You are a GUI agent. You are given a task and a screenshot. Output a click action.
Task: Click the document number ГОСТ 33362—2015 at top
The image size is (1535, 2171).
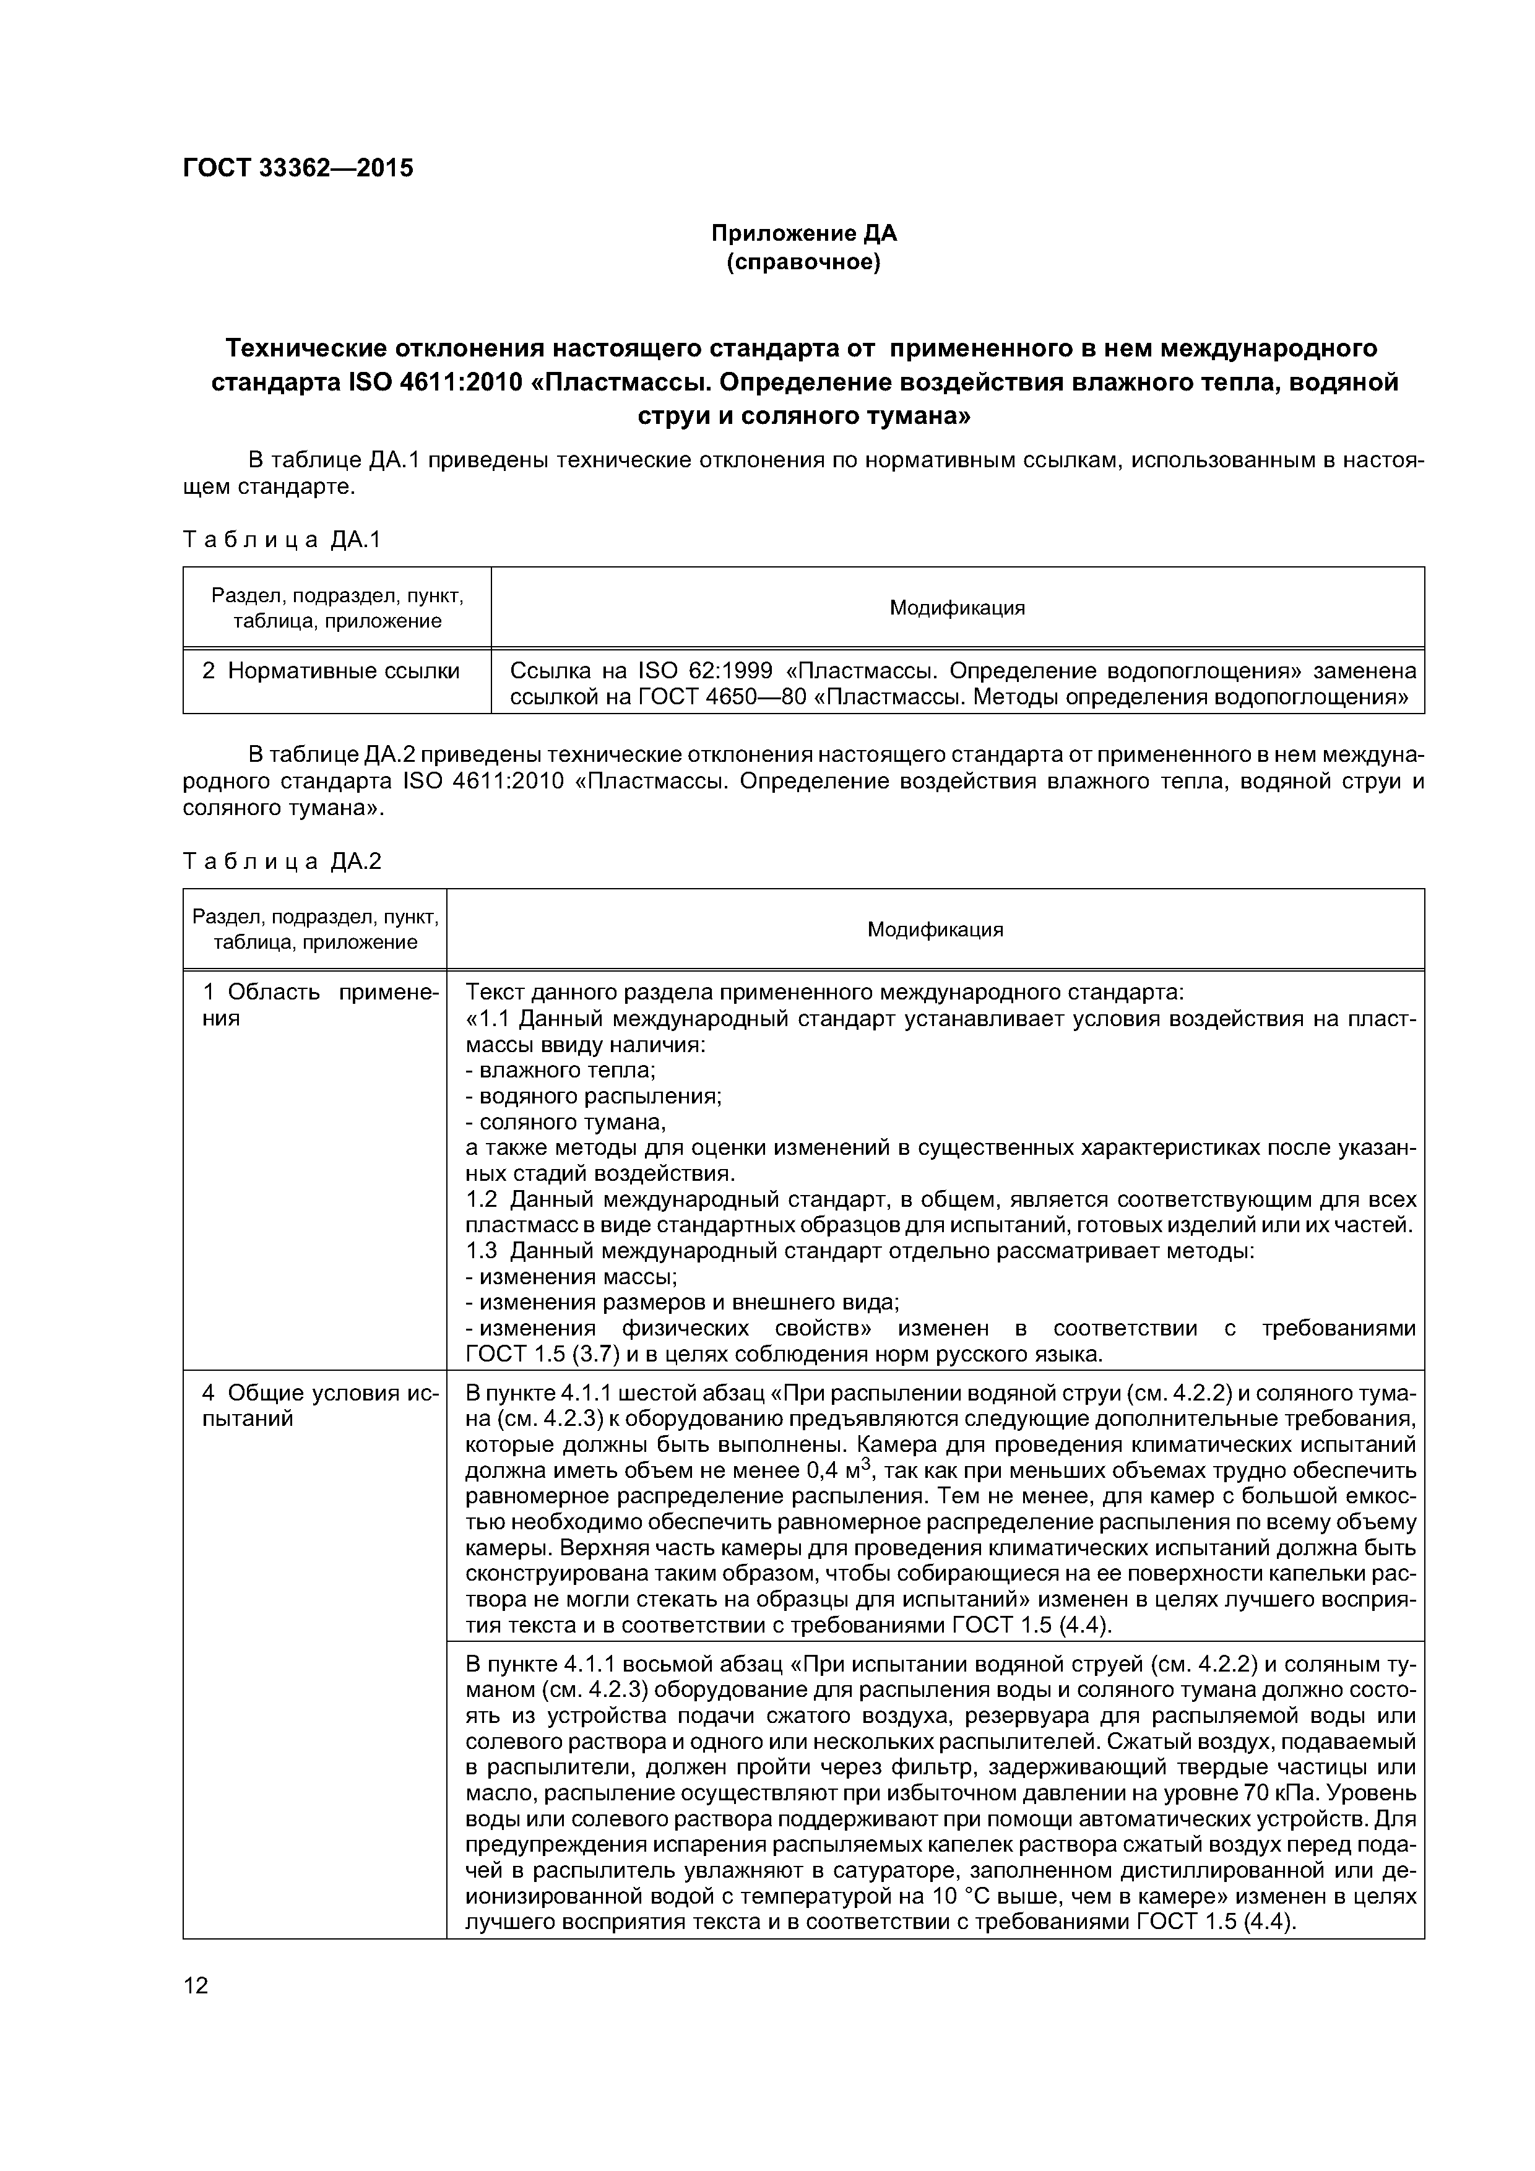pyautogui.click(x=298, y=168)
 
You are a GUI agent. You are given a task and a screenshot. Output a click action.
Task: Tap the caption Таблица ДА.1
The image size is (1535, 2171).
pyautogui.click(x=282, y=540)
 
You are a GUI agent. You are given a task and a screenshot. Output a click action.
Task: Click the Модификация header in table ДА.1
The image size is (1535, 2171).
pyautogui.click(x=957, y=608)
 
